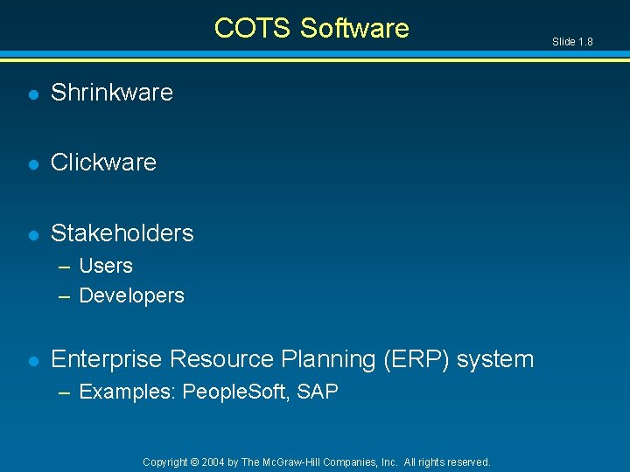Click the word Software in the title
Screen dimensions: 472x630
[354, 28]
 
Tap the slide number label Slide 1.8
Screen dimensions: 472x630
[572, 41]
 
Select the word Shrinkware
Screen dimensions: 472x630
[112, 92]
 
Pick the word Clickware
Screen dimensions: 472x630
[103, 162]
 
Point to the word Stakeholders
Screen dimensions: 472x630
[122, 233]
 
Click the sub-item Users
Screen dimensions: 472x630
[106, 266]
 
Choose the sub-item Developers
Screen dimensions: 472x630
[131, 295]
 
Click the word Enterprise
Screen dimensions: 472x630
[107, 359]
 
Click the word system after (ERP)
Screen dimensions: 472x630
[494, 359]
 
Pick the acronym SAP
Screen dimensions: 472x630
[318, 392]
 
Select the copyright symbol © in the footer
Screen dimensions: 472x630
[195, 462]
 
